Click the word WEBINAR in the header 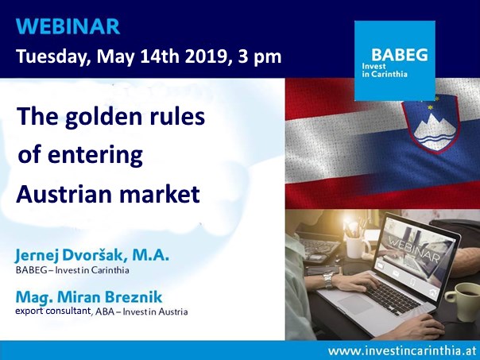[x=68, y=26]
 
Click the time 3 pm [x=260, y=57]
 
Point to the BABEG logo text [x=400, y=55]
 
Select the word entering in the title [x=95, y=156]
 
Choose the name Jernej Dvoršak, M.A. [x=92, y=256]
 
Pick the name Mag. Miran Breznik [x=89, y=297]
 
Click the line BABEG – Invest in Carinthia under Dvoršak [x=72, y=270]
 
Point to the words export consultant [x=53, y=312]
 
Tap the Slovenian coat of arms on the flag [x=431, y=125]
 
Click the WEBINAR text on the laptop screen [x=414, y=249]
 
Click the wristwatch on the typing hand [x=328, y=280]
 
